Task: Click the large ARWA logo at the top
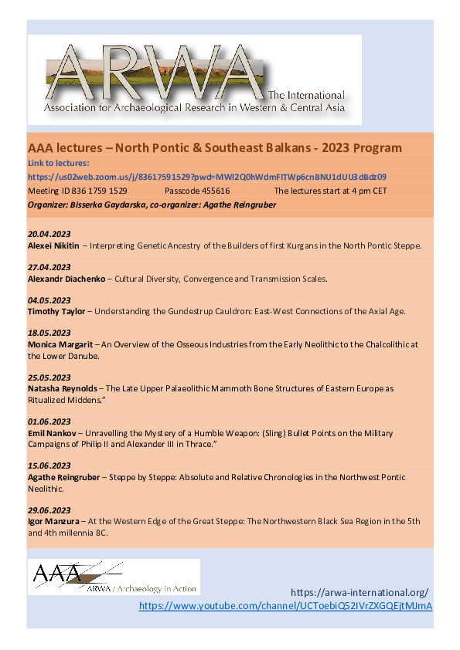(194, 80)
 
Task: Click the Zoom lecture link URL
(207, 177)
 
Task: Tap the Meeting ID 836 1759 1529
(77, 190)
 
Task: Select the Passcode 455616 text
(197, 190)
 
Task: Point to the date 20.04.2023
(49, 234)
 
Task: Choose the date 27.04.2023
(49, 267)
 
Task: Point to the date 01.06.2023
(49, 421)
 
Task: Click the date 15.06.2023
(49, 465)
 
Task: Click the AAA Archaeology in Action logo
(114, 576)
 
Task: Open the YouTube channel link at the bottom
(285, 606)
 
